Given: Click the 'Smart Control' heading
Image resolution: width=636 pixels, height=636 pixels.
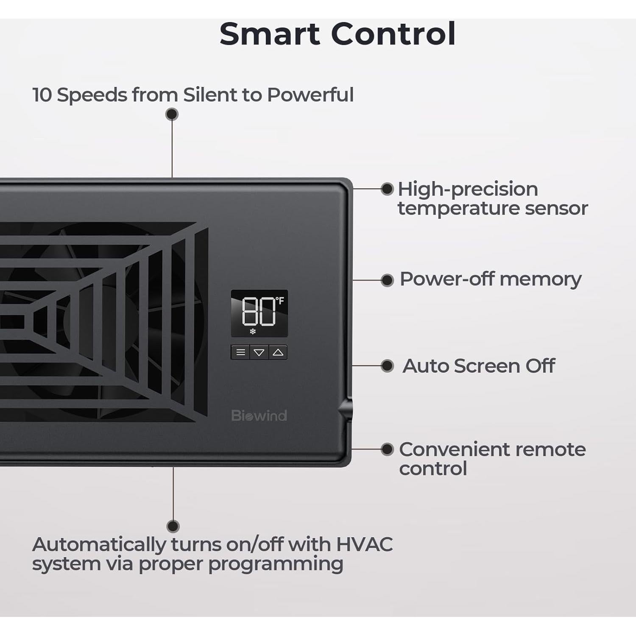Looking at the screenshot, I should (x=338, y=34).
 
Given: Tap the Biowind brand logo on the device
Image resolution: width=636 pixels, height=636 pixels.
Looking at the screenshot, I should (x=259, y=416).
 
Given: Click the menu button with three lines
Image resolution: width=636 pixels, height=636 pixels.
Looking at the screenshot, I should (x=240, y=352).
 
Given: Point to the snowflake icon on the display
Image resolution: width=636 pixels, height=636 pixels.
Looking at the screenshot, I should (x=253, y=331).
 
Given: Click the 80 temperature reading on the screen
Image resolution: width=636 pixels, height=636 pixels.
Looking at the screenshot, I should (x=258, y=311).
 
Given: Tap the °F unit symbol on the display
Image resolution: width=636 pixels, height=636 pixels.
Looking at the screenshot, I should (x=280, y=301).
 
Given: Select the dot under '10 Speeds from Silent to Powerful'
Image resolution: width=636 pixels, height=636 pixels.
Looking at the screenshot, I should (x=172, y=114).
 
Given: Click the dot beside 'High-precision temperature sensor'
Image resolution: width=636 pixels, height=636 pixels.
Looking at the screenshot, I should (x=387, y=189).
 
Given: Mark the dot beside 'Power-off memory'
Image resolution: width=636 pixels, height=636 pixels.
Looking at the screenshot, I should (x=387, y=280).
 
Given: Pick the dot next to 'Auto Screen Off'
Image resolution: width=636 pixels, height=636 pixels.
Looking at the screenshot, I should (x=387, y=366).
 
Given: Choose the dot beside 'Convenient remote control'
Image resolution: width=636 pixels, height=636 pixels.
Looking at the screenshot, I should (x=387, y=449).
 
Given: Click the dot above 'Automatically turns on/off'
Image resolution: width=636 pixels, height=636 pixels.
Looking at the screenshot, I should (x=173, y=526).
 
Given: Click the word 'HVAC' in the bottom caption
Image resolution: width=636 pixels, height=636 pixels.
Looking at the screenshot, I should (x=364, y=544).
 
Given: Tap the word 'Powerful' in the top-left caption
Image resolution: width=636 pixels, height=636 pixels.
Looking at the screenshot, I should (x=310, y=95).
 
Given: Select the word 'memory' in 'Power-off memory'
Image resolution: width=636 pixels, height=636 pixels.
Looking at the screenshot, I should (x=541, y=280).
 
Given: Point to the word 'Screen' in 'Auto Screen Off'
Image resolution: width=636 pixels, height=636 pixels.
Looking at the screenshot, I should (x=487, y=366).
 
